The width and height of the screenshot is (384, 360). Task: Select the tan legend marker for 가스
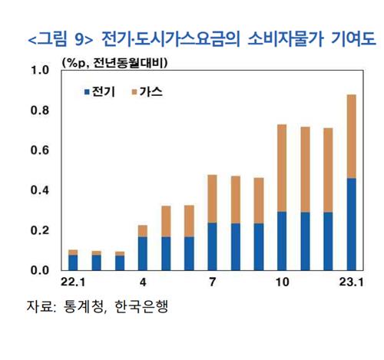(135, 92)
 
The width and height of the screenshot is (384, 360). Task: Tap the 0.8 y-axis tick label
(38, 111)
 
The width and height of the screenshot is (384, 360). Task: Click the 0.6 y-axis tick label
(38, 150)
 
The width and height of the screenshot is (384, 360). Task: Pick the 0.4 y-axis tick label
(38, 190)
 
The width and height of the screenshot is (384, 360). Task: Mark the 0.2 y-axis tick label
(38, 230)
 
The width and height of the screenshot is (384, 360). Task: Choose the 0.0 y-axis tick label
(38, 270)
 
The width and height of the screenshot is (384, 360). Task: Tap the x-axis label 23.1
(351, 284)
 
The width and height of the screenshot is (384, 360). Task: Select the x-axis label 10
(281, 284)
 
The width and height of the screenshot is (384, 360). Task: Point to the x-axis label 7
(212, 284)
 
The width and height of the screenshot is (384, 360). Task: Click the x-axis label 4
(142, 284)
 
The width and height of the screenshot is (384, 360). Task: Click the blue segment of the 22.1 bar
(72, 263)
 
